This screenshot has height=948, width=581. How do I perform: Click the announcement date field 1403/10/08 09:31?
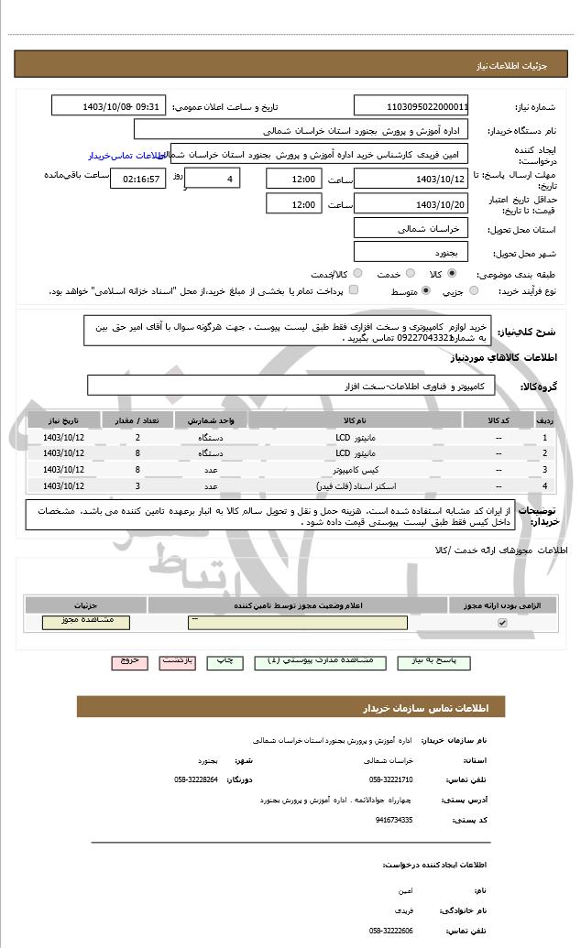coord(109,106)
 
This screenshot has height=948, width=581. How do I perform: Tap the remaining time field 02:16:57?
coord(137,178)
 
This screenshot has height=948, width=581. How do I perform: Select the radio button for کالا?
coord(452,273)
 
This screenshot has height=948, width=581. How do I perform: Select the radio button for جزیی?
coord(474,290)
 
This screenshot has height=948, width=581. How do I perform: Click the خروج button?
coord(129,659)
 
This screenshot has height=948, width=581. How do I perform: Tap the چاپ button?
coord(224,659)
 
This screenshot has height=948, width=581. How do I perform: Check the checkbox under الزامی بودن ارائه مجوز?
coord(501,623)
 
